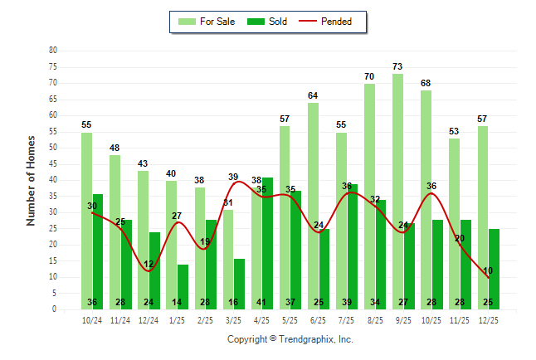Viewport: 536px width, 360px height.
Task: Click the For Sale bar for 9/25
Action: (x=397, y=191)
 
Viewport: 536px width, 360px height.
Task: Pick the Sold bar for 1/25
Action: (x=183, y=286)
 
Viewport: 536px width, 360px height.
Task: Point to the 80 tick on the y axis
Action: (x=53, y=51)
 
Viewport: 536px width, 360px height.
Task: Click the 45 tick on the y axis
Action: (x=53, y=163)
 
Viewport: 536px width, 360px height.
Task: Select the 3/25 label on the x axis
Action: (x=233, y=320)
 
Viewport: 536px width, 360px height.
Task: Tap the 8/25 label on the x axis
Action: (x=375, y=320)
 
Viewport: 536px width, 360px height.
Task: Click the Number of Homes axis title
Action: (x=31, y=180)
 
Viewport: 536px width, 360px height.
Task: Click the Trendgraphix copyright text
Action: (x=290, y=339)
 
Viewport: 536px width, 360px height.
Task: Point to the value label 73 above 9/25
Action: (x=397, y=66)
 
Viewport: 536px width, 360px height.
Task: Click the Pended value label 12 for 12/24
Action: (x=149, y=265)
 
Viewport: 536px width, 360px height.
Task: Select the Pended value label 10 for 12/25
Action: (x=488, y=271)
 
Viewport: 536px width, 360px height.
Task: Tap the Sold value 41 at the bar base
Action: (x=267, y=302)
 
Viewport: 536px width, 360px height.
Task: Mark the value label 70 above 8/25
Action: (x=369, y=76)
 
